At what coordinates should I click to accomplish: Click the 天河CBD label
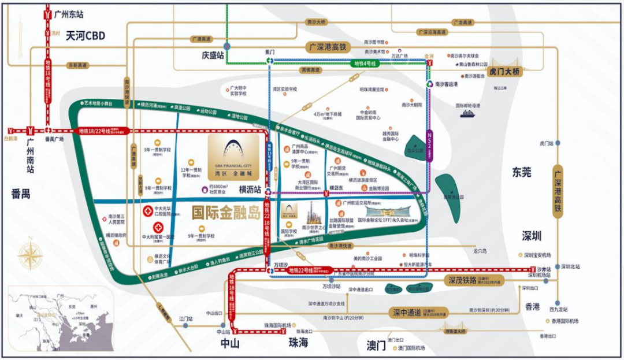click(x=85, y=36)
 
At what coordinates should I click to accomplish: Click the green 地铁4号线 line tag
click(x=365, y=63)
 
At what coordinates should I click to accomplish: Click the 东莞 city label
click(x=521, y=172)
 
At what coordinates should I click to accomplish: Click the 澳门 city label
click(x=376, y=346)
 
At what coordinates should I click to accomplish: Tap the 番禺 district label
click(x=21, y=194)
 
